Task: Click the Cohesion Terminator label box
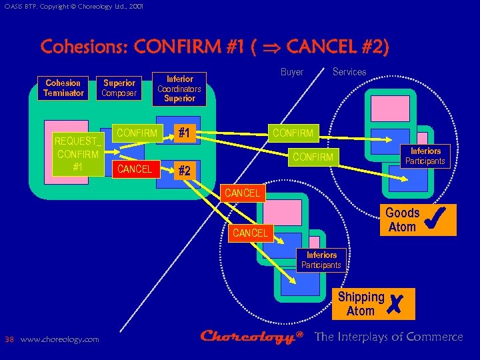coord(63,88)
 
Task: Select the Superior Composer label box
coord(119,88)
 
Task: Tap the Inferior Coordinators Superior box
coord(179,89)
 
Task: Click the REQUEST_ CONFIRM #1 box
coord(78,154)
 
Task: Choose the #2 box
coord(185,171)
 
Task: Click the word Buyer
coord(292,72)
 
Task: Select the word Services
coord(349,72)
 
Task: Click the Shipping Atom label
coord(361,304)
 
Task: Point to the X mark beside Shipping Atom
coord(399,305)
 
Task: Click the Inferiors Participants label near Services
coord(425,156)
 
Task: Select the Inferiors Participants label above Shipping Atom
coord(321,260)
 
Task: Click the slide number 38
coord(9,339)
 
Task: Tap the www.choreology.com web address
coord(60,339)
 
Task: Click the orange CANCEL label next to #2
coord(135,169)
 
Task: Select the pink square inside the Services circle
coord(390,108)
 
